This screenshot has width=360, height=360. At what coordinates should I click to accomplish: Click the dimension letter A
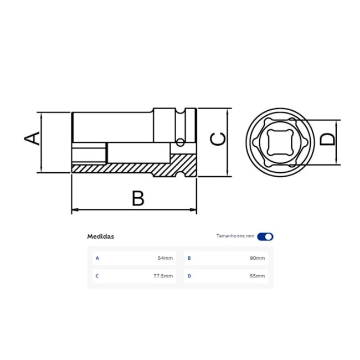[34, 138]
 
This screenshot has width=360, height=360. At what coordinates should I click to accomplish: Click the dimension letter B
[137, 198]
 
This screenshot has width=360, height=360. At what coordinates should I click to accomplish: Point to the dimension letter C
[219, 139]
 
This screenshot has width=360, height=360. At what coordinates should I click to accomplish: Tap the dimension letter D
[328, 138]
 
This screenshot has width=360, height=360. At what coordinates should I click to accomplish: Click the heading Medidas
[100, 236]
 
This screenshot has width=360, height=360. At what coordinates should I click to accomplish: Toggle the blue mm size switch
[265, 236]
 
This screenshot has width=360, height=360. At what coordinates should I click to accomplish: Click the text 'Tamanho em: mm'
[235, 236]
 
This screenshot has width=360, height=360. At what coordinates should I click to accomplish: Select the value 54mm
[165, 258]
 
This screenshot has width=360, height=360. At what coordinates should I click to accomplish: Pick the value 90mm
[257, 258]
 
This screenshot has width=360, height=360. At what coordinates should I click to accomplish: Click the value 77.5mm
[163, 276]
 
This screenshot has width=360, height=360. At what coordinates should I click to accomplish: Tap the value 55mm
[257, 276]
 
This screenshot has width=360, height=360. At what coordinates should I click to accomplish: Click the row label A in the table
[97, 258]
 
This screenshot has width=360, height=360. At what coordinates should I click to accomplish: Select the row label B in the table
[189, 258]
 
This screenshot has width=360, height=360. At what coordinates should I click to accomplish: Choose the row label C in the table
[97, 276]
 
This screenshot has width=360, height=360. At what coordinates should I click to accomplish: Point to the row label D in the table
[189, 276]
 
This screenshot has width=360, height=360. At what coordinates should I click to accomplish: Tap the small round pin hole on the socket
[179, 143]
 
